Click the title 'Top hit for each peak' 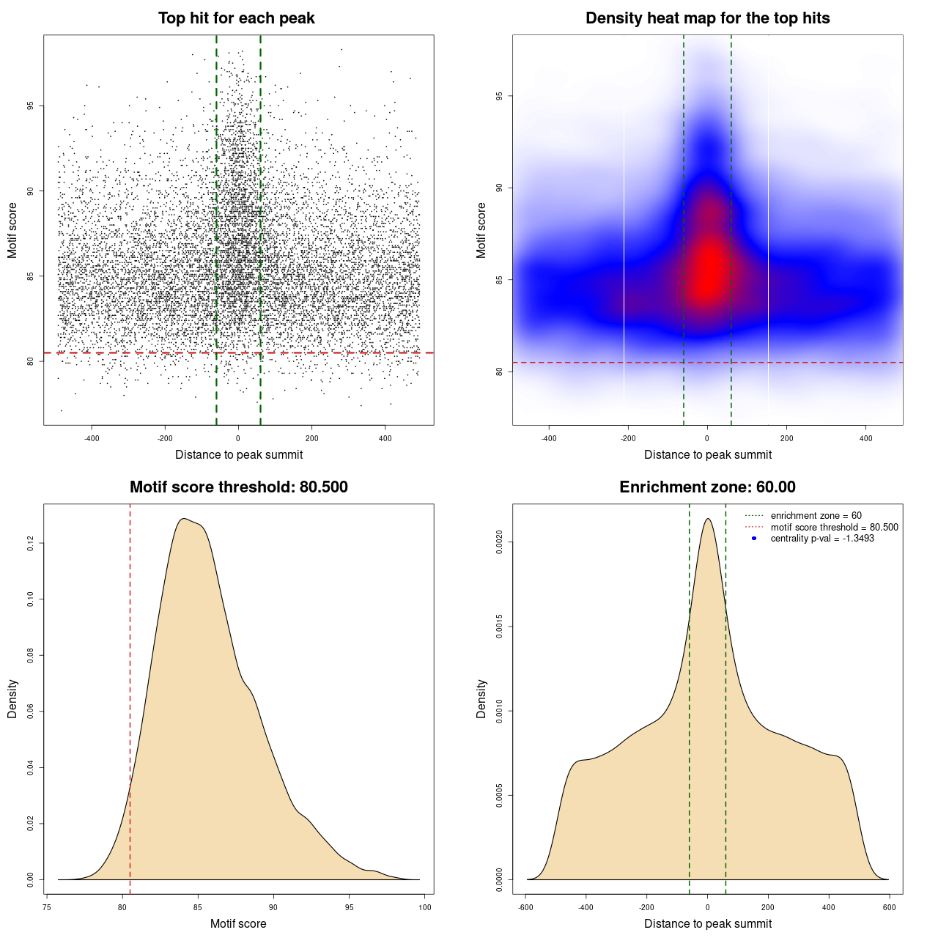[237, 18]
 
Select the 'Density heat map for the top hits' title [707, 18]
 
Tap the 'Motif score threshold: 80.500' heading [238, 487]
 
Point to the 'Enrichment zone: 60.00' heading [707, 487]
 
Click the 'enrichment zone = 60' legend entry [816, 516]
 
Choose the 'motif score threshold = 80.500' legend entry [834, 527]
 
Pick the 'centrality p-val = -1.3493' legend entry [822, 539]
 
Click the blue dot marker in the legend [754, 539]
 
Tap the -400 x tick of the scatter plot [92, 439]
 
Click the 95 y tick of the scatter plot [30, 106]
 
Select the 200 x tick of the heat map [786, 439]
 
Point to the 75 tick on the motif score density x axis [47, 907]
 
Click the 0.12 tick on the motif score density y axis [30, 543]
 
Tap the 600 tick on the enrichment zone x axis [890, 907]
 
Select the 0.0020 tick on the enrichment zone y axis [499, 542]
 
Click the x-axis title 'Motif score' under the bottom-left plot [238, 923]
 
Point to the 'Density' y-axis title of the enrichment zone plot [481, 698]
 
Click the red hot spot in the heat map [708, 271]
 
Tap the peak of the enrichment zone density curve [707, 520]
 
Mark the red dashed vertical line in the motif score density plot [130, 696]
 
